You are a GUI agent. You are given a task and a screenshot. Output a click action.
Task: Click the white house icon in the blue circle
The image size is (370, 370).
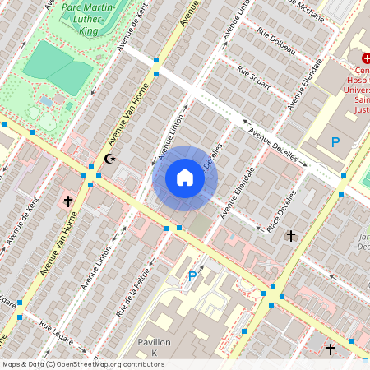click(x=185, y=178)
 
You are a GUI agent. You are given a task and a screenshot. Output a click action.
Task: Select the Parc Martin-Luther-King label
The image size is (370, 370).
click(x=83, y=21)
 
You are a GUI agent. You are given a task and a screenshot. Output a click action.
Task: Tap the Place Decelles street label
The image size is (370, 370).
click(x=281, y=212)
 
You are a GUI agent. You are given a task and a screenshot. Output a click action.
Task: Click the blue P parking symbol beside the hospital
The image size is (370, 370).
click(x=335, y=142)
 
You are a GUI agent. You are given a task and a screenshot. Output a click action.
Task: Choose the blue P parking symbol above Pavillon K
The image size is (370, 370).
click(x=192, y=276)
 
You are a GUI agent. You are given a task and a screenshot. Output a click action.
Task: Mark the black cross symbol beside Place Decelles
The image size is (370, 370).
click(x=289, y=236)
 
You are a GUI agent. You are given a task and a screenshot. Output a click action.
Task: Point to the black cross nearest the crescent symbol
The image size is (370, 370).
click(x=69, y=201)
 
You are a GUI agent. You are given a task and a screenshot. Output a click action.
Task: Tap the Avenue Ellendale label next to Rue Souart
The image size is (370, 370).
click(x=307, y=84)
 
